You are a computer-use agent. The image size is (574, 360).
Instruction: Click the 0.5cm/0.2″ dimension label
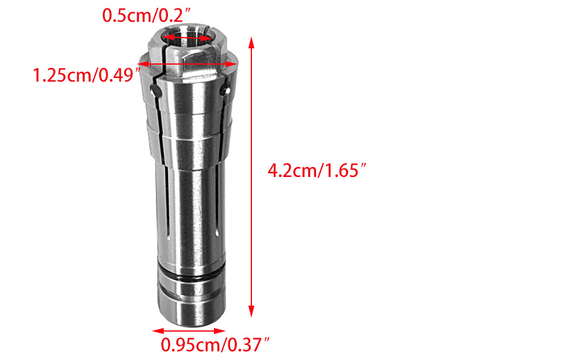(x=146, y=15)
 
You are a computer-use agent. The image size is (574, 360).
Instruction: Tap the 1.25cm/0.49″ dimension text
(x=87, y=76)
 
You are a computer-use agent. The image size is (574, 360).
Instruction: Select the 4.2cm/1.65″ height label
(x=317, y=170)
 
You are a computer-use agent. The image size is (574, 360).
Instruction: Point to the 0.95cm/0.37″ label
(x=215, y=345)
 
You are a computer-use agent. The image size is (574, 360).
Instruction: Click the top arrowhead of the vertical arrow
(x=251, y=42)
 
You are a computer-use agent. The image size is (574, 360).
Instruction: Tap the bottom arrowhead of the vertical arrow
(x=251, y=311)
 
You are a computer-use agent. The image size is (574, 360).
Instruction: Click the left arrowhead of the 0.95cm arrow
(x=158, y=331)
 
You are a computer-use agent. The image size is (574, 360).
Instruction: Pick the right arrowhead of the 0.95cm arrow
(x=220, y=331)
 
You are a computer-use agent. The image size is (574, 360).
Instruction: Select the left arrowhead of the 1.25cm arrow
(x=143, y=64)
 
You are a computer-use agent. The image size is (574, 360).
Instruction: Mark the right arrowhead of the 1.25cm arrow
(x=232, y=64)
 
